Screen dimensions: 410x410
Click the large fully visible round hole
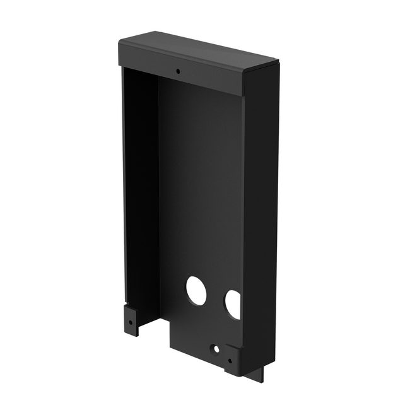pos(196,291)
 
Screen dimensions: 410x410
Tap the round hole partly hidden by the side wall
pos(233,304)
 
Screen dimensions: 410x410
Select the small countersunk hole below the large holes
pos(216,348)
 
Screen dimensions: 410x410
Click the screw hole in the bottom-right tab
pos(230,360)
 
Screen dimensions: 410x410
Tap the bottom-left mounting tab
pos(131,319)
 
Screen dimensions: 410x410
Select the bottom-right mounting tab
pos(232,360)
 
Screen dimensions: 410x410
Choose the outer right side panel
pos(260,214)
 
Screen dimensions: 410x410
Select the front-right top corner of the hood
pos(245,74)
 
